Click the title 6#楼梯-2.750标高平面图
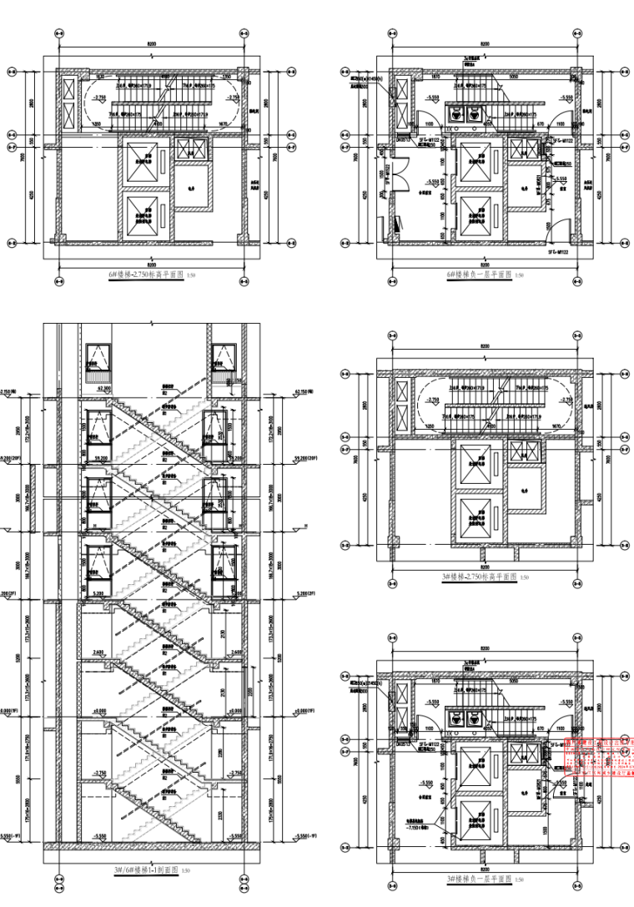(144, 274)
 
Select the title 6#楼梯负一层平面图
(476, 274)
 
